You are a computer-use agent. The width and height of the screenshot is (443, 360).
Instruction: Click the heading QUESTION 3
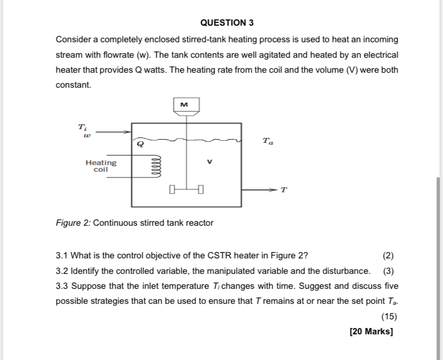pos(227,22)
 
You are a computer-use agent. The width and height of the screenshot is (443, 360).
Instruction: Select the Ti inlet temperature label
pos(82,127)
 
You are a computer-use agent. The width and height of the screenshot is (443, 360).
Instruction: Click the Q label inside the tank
pos(141,143)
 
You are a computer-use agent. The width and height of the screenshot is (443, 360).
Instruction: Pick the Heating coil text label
pos(101,165)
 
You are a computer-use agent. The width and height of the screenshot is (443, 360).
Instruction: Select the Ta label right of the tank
pos(268,141)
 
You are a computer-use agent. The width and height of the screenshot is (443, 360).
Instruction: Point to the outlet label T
pos(284,190)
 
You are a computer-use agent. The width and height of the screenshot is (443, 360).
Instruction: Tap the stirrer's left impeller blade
pos(171,189)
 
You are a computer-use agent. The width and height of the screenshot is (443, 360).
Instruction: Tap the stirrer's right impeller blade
pos(200,189)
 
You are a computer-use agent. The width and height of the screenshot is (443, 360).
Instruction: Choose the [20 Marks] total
pos(371,332)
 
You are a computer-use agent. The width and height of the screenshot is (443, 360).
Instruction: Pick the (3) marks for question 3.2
pos(389,270)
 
